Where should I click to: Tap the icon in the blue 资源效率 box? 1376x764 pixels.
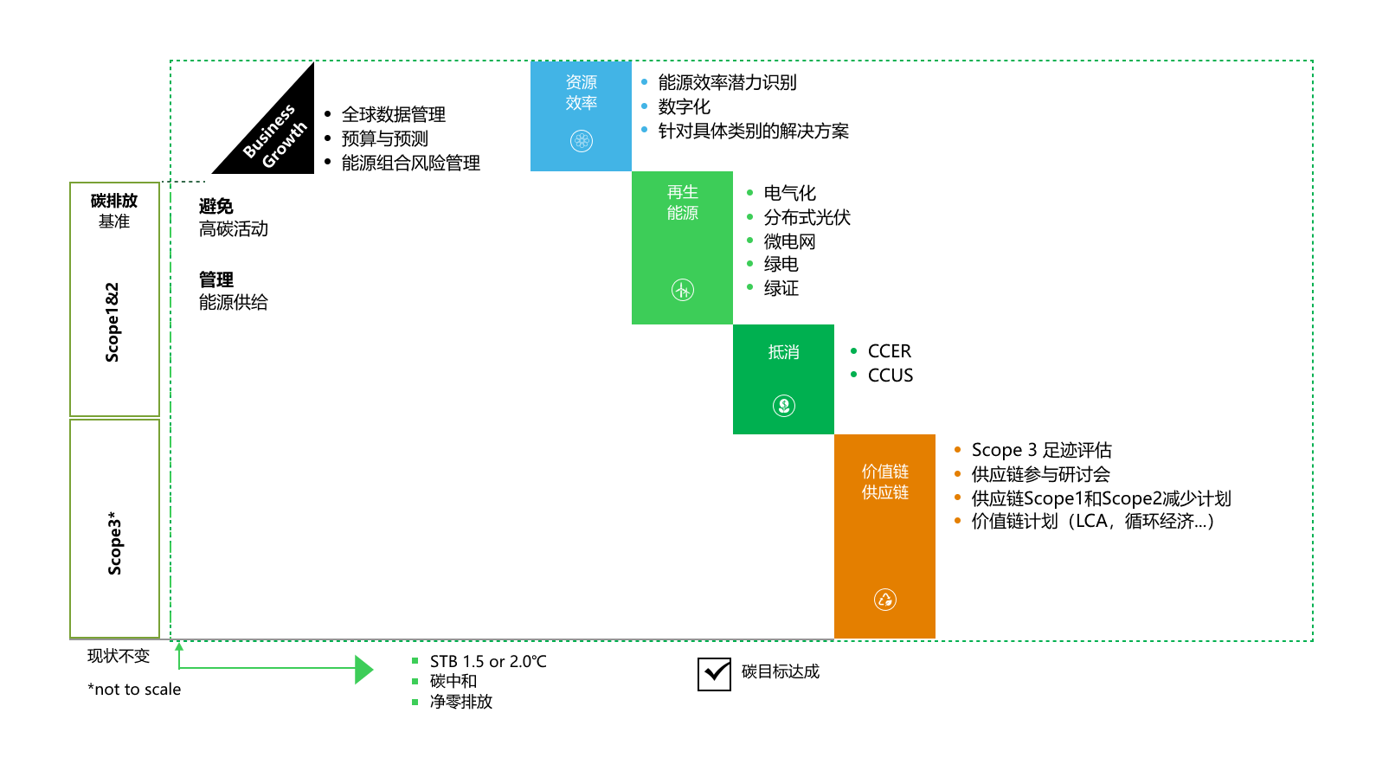(582, 141)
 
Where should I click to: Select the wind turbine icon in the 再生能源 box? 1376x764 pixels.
(683, 290)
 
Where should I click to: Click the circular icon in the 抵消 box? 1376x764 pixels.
(784, 405)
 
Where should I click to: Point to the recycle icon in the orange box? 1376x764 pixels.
(885, 599)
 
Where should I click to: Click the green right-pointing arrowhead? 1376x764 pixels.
(363, 669)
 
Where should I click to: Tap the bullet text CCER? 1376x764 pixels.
(889, 351)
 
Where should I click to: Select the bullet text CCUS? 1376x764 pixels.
(890, 376)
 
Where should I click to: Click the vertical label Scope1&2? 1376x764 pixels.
(113, 322)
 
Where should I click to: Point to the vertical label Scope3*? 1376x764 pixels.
(115, 543)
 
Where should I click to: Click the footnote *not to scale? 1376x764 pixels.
(134, 690)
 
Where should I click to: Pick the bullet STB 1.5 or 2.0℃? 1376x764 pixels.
(488, 662)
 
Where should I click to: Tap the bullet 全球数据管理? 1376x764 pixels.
(394, 115)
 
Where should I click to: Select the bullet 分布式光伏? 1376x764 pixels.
(807, 217)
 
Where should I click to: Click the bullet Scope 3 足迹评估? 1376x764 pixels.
(1041, 450)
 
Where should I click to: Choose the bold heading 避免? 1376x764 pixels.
(215, 206)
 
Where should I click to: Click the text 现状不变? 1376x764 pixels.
(119, 656)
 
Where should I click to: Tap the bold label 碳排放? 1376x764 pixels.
(114, 201)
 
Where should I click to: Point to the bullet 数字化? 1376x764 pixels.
(684, 106)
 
